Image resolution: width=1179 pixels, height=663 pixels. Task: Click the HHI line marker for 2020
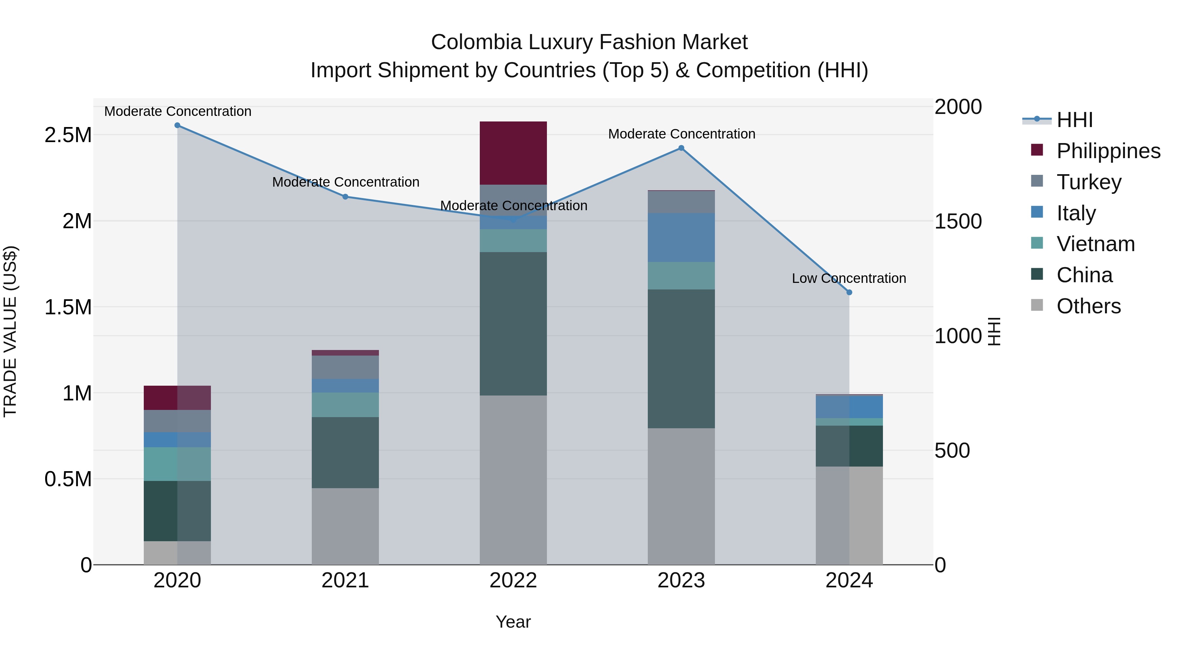tap(178, 125)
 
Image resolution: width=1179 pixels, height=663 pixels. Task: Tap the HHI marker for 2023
tap(681, 148)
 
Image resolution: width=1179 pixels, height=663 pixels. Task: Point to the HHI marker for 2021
tap(346, 197)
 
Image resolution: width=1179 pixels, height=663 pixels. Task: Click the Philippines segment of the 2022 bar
tap(513, 153)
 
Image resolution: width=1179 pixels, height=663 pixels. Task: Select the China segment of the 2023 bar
tap(681, 359)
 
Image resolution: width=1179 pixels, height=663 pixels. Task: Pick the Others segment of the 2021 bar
tap(346, 526)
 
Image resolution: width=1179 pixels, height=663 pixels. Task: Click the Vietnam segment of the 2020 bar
tap(178, 464)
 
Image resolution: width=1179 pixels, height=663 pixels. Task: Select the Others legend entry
tap(1088, 306)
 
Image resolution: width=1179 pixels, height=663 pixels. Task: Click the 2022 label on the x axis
tap(513, 580)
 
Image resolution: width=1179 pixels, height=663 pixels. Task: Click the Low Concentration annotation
tap(849, 278)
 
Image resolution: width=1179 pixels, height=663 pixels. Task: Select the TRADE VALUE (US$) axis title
tap(10, 331)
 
